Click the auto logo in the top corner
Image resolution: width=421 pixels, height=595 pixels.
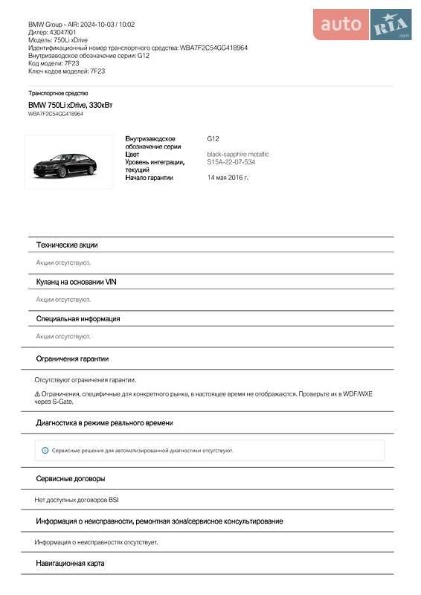pyautogui.click(x=341, y=25)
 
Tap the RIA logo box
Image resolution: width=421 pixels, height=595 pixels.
pyautogui.click(x=391, y=25)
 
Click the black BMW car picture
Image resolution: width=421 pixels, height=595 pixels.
pyautogui.click(x=68, y=162)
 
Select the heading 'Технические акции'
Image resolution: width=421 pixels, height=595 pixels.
pyautogui.click(x=67, y=245)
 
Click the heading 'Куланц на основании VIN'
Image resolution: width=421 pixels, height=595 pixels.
pyautogui.click(x=77, y=282)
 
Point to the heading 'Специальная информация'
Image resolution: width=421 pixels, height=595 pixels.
pyautogui.click(x=78, y=318)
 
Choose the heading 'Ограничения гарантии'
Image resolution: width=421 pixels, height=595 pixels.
pyautogui.click(x=73, y=358)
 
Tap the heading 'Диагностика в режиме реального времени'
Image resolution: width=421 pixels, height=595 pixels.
pyautogui.click(x=105, y=422)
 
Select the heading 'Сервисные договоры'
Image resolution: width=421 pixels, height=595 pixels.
pyautogui.click(x=71, y=478)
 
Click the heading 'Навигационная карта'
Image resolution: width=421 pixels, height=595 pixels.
pyautogui.click(x=71, y=564)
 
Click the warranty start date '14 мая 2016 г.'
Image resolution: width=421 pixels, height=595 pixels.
pyautogui.click(x=228, y=178)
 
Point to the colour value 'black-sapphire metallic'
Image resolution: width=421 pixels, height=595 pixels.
pyautogui.click(x=237, y=154)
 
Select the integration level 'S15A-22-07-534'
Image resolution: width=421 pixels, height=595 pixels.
pyautogui.click(x=231, y=161)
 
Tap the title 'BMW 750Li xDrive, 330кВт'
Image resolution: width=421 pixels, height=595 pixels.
pyautogui.click(x=71, y=106)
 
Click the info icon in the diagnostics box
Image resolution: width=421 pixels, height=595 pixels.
pyautogui.click(x=45, y=450)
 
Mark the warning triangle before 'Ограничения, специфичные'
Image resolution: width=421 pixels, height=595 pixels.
pyautogui.click(x=37, y=393)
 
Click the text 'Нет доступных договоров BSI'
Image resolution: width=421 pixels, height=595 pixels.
pyautogui.click(x=77, y=500)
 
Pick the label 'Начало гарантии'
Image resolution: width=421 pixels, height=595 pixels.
pyautogui.click(x=149, y=178)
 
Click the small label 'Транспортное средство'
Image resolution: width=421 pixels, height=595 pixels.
pyautogui.click(x=59, y=93)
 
